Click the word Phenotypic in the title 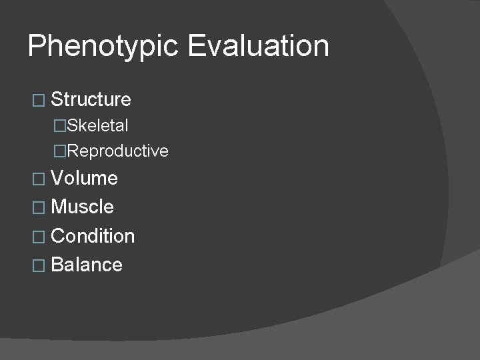[104, 47]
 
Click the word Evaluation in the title [259, 46]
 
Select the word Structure [91, 100]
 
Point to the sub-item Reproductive [118, 151]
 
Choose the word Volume [84, 178]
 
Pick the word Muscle [82, 207]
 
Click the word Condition [93, 236]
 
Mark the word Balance [87, 265]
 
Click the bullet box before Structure [38, 101]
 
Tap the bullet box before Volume [38, 179]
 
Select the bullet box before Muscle [38, 207]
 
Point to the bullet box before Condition [38, 237]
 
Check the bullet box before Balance [38, 265]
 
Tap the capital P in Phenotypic [37, 46]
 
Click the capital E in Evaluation [197, 46]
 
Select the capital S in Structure [56, 100]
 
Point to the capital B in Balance [57, 265]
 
